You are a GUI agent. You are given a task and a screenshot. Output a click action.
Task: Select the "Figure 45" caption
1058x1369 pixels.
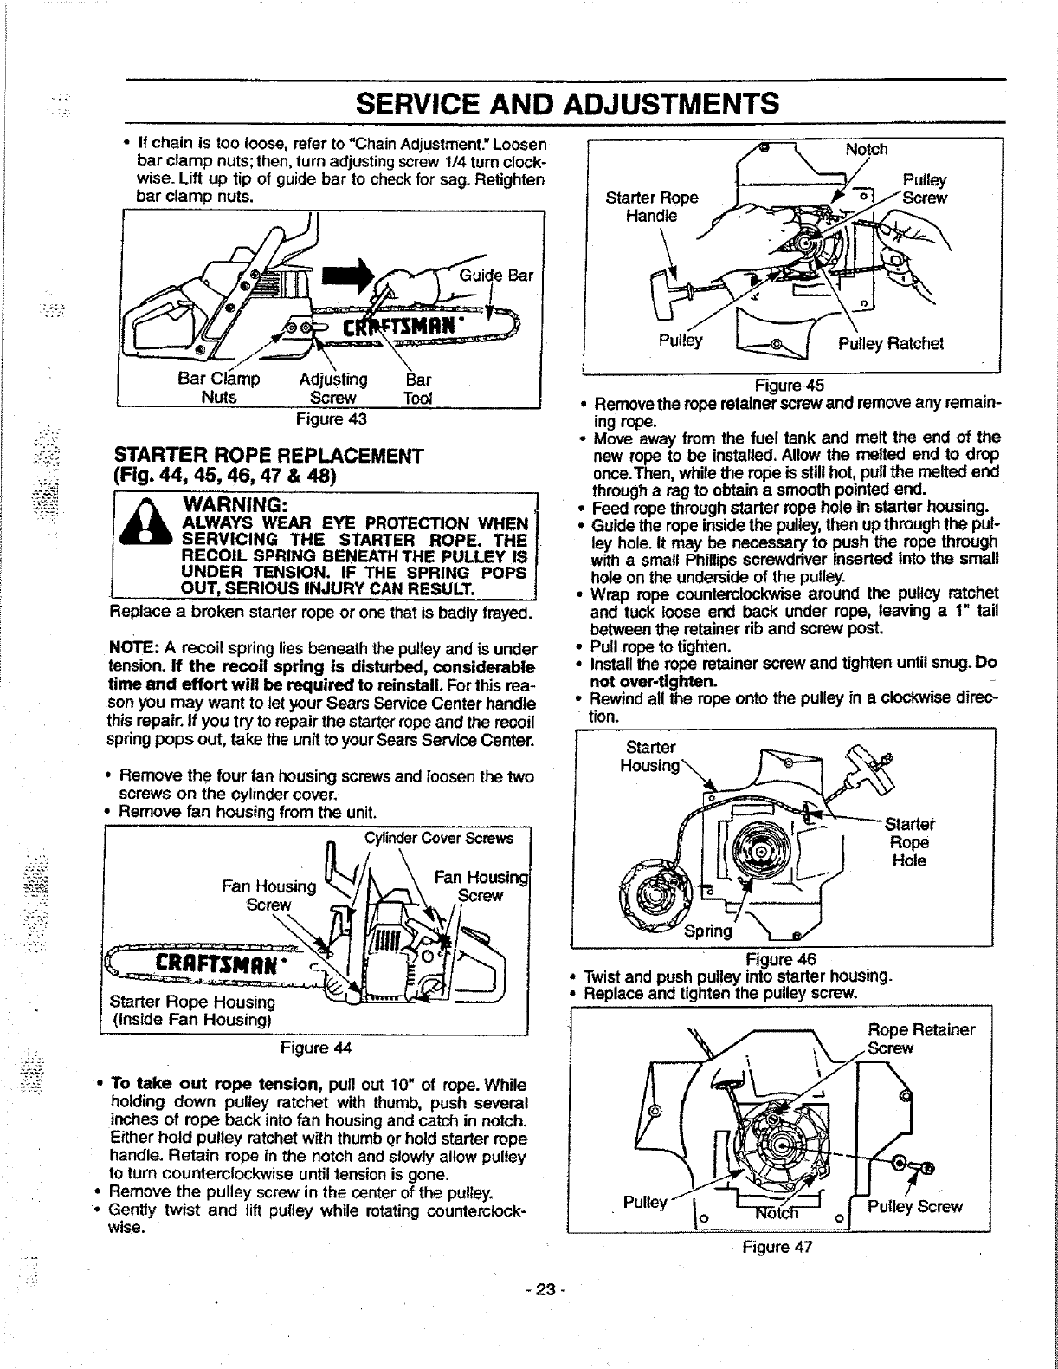pos(790,386)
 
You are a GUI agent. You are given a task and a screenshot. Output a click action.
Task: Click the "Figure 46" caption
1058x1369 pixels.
pos(781,959)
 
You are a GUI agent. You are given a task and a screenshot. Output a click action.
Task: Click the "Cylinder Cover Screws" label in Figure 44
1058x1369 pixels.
pos(438,838)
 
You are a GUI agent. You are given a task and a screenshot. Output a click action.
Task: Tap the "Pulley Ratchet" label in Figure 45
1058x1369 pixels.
pos(890,343)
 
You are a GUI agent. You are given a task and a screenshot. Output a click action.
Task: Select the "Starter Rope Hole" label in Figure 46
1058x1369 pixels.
pos(909,842)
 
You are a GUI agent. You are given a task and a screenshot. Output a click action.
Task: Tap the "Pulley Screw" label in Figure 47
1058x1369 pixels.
pos(914,1207)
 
